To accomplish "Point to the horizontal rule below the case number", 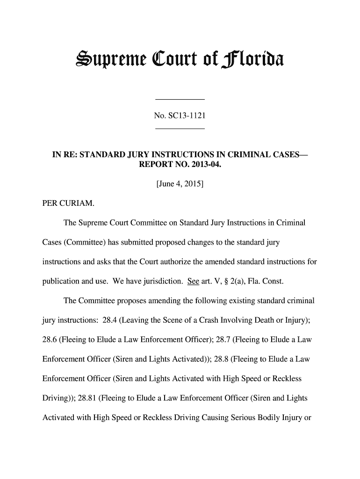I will tap(180, 128).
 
